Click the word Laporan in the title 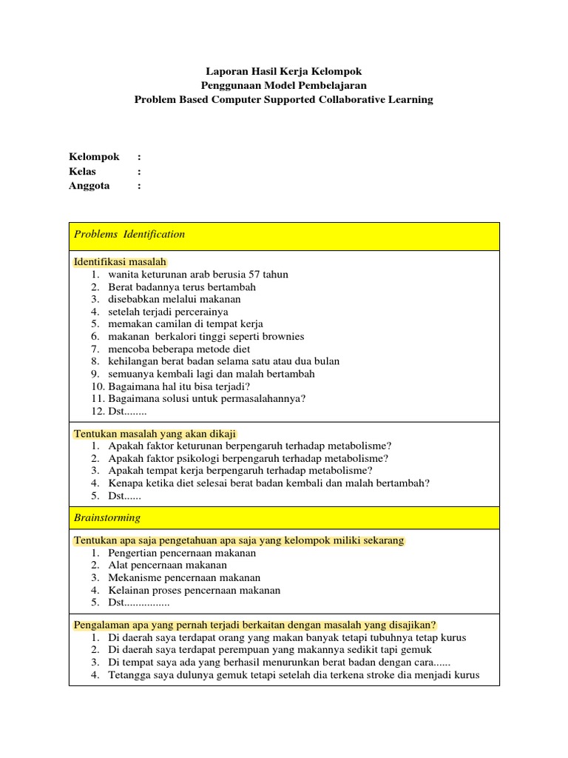[x=224, y=72]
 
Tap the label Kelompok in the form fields [x=94, y=158]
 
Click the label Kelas [x=83, y=172]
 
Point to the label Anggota [x=89, y=186]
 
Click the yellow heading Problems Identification [x=129, y=235]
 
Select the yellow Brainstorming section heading [x=107, y=518]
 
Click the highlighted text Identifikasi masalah [x=120, y=262]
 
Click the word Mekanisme [x=136, y=578]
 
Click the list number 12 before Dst [x=98, y=412]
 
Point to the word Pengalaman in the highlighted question [x=102, y=625]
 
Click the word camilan [x=170, y=324]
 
